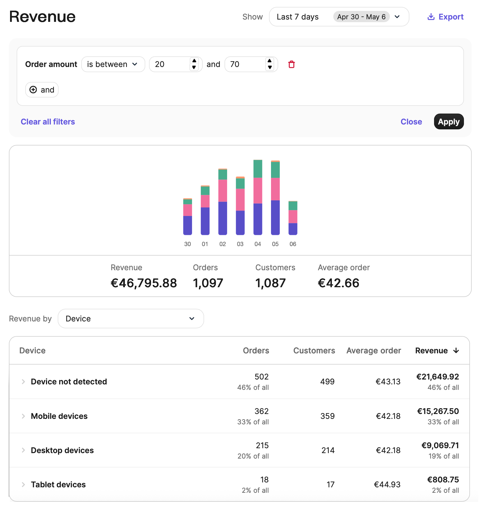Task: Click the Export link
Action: (446, 17)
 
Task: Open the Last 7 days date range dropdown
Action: (339, 17)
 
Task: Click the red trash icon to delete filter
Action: (291, 64)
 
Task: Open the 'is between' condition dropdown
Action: (113, 64)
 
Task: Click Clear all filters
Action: (48, 122)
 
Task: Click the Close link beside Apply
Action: (411, 122)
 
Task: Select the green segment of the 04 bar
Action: (258, 169)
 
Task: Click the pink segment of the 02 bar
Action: (223, 191)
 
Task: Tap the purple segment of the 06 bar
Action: (293, 229)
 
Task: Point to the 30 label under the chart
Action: (187, 244)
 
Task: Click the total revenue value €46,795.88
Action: (144, 283)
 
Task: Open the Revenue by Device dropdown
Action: (131, 319)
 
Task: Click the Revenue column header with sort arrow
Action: (437, 351)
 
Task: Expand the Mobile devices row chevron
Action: (23, 416)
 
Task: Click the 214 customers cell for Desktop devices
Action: (328, 451)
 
